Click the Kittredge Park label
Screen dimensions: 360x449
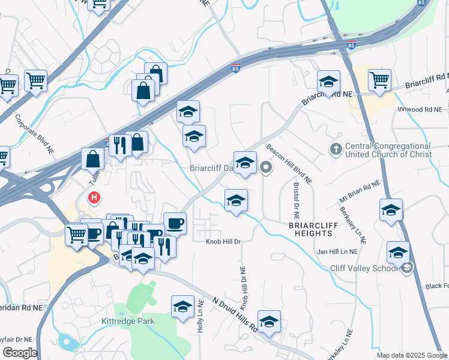click(x=127, y=321)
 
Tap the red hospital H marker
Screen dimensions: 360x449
click(x=94, y=197)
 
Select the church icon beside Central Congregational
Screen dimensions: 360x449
click(x=336, y=148)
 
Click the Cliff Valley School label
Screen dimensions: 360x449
click(x=364, y=268)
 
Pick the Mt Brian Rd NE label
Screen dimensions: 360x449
click(x=360, y=191)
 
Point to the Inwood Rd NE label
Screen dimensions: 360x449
click(x=420, y=110)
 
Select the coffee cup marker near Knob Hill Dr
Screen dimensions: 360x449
click(x=175, y=223)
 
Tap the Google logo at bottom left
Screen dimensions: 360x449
click(x=19, y=353)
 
